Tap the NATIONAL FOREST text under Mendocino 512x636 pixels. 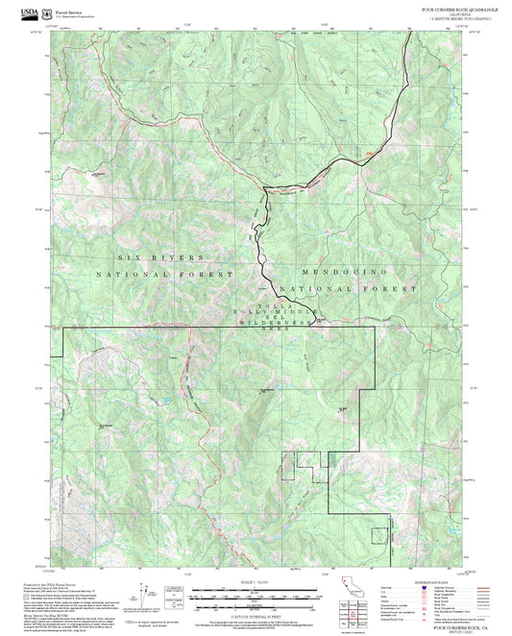click(x=348, y=288)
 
